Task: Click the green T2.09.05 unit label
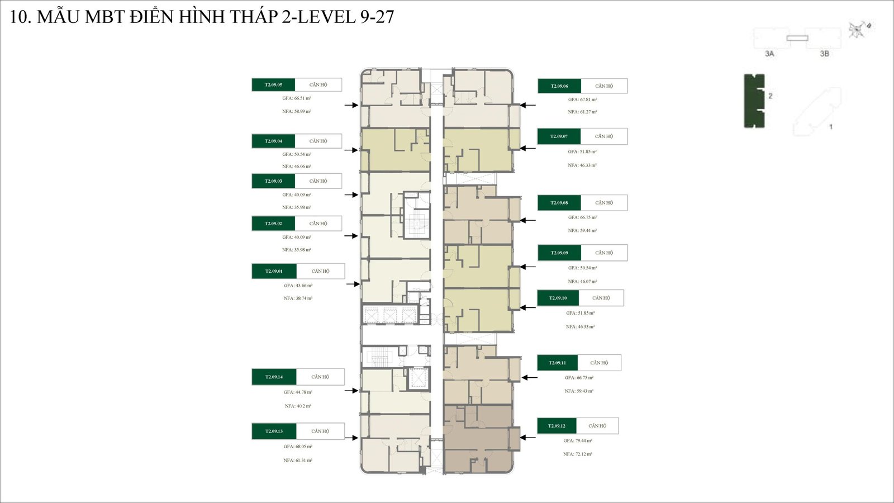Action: pos(273,85)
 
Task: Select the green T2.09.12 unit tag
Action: pos(557,426)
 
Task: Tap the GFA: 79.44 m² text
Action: pos(578,441)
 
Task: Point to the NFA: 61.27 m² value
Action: pos(582,112)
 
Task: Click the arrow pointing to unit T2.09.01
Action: pos(353,284)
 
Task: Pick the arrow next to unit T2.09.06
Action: pos(528,105)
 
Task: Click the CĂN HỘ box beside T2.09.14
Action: pos(320,377)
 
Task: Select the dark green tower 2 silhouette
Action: pos(754,101)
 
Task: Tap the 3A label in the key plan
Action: pos(769,54)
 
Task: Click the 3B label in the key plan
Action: pos(824,54)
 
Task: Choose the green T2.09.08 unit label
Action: pos(559,203)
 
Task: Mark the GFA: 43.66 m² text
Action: pos(298,286)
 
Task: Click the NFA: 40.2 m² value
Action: pos(298,406)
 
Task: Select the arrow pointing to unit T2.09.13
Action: pos(351,438)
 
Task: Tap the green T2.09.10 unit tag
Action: pos(558,298)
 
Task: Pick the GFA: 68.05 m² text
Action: pos(298,447)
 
